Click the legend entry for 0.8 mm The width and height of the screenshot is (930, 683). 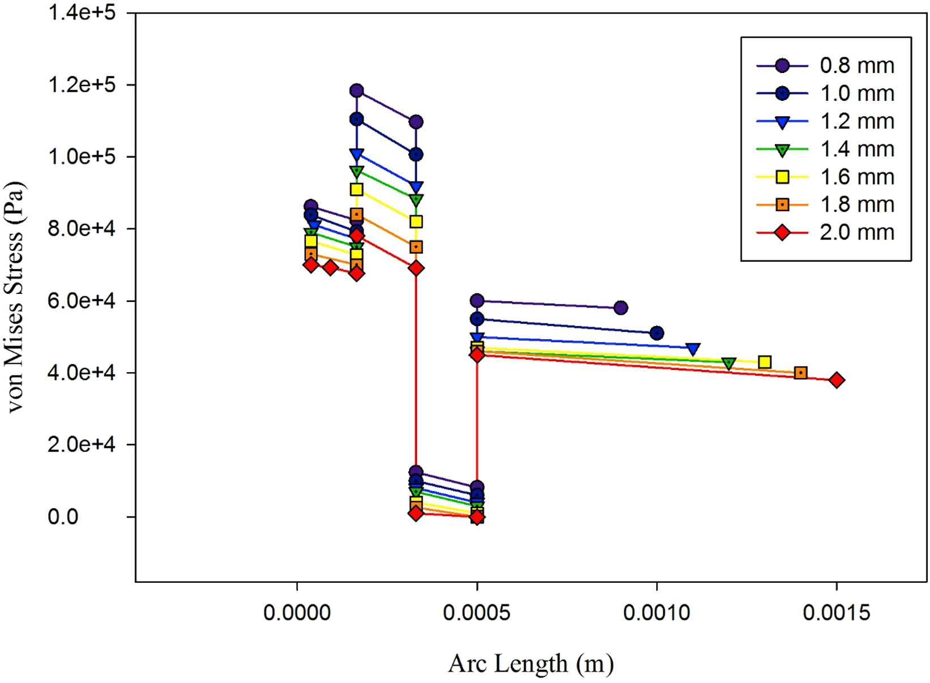click(856, 66)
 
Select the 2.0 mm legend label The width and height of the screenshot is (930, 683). click(856, 232)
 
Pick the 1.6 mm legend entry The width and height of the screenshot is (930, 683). click(856, 177)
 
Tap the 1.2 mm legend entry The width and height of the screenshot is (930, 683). click(856, 121)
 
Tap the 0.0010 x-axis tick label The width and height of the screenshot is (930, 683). click(656, 612)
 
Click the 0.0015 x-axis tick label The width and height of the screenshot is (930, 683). click(836, 612)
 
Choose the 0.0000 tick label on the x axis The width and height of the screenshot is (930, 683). click(297, 612)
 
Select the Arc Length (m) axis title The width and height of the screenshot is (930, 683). click(531, 663)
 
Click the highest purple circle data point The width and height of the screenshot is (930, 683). click(356, 90)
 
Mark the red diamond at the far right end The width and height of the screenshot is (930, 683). click(837, 380)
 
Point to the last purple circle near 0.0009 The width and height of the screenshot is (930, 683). click(620, 308)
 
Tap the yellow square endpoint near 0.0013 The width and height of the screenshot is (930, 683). click(765, 362)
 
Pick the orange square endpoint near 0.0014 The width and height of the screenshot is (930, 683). click(800, 373)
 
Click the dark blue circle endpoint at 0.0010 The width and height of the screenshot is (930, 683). click(656, 333)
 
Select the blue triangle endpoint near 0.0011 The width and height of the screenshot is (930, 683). click(693, 349)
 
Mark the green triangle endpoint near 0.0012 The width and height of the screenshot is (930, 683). click(729, 363)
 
